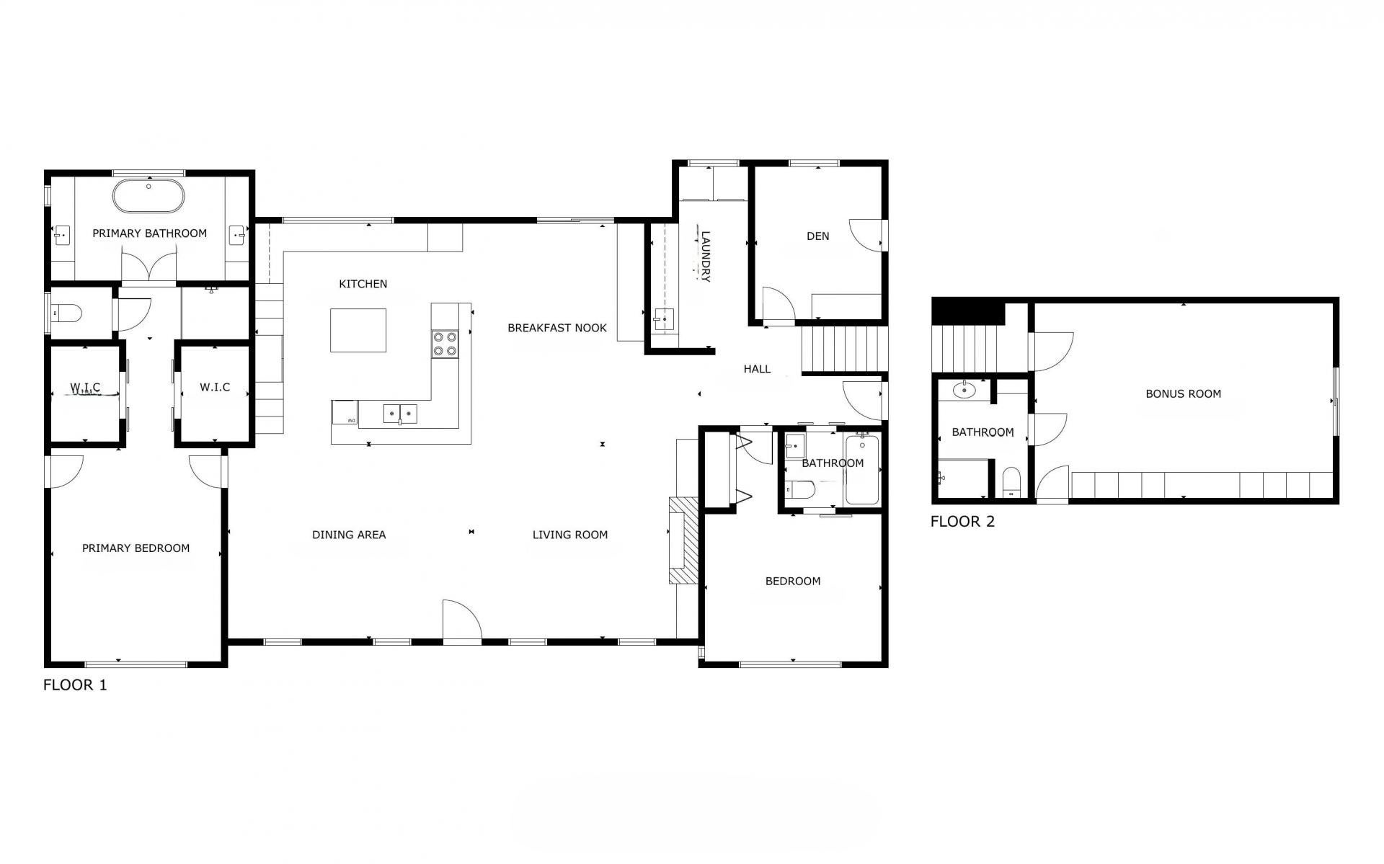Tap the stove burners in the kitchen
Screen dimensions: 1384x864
coord(445,344)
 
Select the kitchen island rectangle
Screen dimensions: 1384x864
coord(358,330)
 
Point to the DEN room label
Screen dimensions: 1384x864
coord(818,236)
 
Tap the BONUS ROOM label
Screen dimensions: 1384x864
coord(1184,394)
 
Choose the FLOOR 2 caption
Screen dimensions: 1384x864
coord(962,522)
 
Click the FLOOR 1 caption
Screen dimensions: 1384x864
coord(75,685)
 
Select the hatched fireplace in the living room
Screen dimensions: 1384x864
coord(683,540)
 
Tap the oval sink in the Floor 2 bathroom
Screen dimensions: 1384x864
coord(964,390)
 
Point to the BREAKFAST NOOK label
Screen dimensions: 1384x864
coord(557,328)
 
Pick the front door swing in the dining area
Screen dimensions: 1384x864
coord(461,619)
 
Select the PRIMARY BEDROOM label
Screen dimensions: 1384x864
coord(136,548)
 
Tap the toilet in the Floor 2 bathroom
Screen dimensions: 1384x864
coord(1012,481)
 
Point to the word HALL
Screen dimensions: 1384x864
coord(757,369)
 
